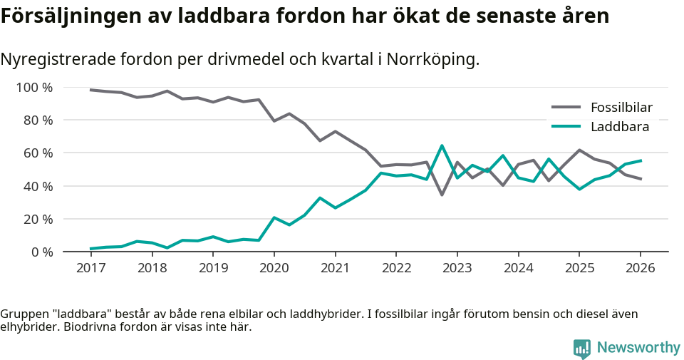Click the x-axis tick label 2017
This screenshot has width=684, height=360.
90,268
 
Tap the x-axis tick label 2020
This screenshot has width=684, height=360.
274,268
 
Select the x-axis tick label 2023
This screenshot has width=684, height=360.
457,268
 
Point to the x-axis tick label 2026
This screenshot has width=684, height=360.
640,268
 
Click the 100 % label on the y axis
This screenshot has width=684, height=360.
35,88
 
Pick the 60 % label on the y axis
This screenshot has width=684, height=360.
38,153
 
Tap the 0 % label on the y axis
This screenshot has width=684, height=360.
42,252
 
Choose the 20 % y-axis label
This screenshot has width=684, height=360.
38,219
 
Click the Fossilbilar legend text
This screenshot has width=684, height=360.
621,108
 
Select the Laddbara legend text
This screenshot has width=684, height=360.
619,127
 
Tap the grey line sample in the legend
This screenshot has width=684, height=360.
566,108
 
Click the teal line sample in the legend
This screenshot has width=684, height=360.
566,127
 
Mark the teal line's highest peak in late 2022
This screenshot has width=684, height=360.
442,146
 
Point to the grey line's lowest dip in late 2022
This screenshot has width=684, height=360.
442,195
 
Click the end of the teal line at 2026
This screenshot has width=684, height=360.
641,160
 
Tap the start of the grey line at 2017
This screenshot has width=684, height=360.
91,90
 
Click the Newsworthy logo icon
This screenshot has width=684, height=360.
582,348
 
